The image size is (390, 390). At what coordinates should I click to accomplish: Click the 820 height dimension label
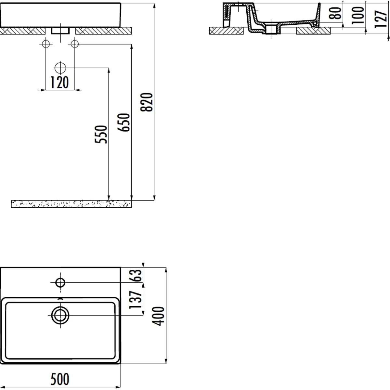pos(146,102)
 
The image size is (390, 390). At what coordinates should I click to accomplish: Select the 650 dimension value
pos(123,123)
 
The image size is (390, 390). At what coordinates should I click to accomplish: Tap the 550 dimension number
pos(100,134)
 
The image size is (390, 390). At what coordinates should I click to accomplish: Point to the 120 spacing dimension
pos(59,82)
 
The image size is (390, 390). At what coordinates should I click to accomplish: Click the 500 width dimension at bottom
pos(60,379)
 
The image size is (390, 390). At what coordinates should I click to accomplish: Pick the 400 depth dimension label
pos(158,316)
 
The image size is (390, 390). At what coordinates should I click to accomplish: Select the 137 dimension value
pos(135,300)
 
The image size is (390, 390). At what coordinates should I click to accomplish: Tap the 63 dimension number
pos(135,276)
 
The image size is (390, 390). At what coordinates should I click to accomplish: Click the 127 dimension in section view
pos(381,19)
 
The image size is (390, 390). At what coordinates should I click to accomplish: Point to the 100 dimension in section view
pos(358,15)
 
